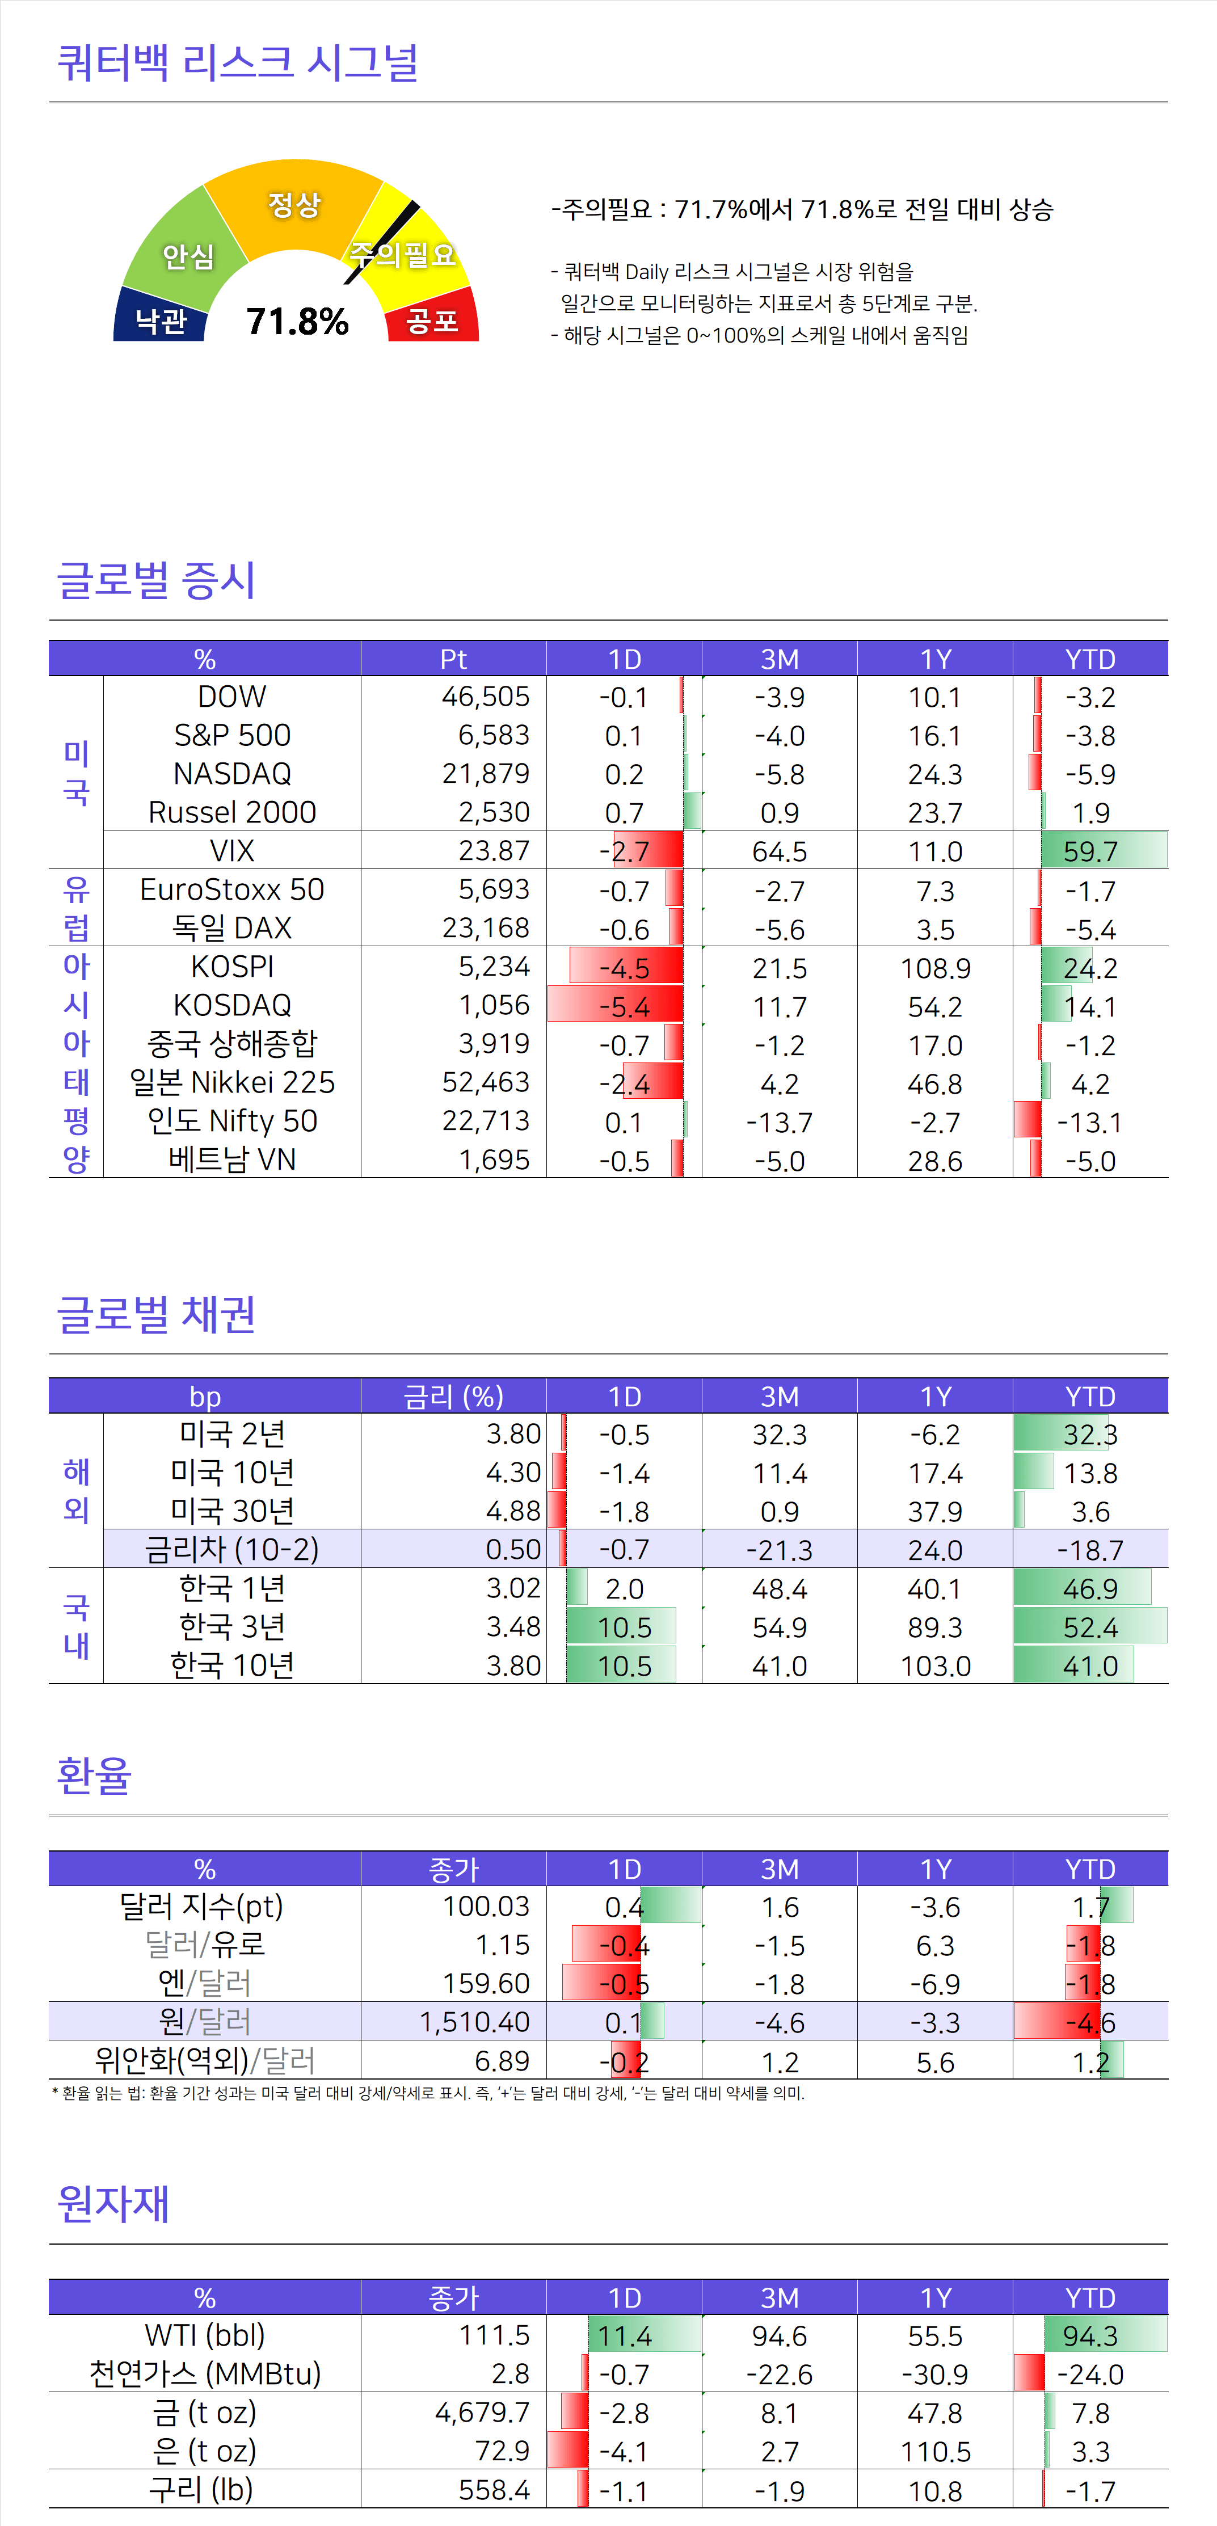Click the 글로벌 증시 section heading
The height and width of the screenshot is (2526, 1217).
(156, 580)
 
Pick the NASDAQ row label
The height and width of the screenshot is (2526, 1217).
(233, 774)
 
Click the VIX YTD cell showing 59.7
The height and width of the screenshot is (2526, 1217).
(1090, 851)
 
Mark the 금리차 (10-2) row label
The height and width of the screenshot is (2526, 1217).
(233, 1549)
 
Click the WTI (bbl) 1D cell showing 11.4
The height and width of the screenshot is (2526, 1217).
(625, 2336)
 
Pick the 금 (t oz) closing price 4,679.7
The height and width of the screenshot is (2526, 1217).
(482, 2412)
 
